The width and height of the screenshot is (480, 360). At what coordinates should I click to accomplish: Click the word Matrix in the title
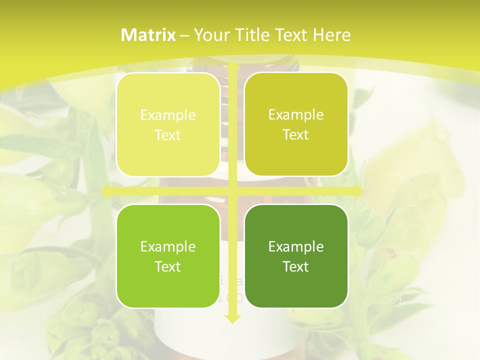click(x=148, y=35)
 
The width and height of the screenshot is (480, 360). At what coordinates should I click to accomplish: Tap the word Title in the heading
click(x=249, y=35)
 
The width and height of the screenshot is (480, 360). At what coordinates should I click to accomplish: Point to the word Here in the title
click(x=331, y=35)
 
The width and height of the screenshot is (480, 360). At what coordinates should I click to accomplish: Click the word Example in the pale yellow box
click(x=168, y=115)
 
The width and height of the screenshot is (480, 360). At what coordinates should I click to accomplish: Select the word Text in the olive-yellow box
click(x=296, y=135)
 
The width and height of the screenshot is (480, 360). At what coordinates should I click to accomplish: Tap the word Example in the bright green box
click(x=168, y=246)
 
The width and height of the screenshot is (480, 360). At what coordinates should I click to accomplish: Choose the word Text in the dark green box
click(x=296, y=266)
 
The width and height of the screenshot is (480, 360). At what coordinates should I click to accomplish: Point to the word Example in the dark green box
click(x=296, y=246)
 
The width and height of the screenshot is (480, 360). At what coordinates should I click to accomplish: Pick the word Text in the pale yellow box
click(x=168, y=135)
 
